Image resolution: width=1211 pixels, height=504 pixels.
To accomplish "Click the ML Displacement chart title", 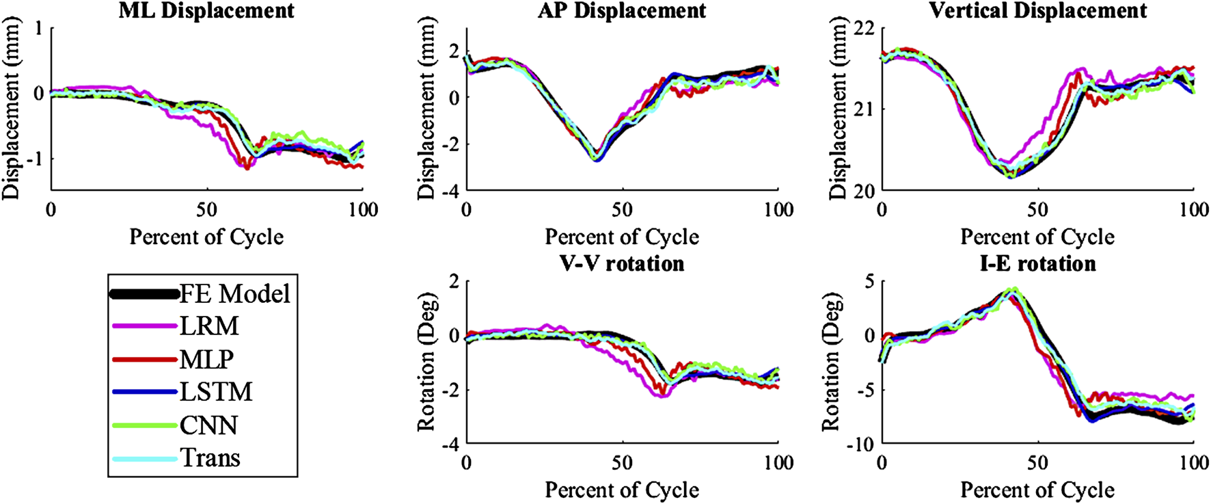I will click(206, 11).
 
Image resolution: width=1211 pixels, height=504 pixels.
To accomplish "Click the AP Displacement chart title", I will click(621, 11).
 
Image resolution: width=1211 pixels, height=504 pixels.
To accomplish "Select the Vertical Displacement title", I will click(1037, 11).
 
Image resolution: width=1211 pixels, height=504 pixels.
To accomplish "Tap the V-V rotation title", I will click(621, 263).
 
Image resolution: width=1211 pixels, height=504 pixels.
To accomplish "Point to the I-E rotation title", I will click(1037, 263).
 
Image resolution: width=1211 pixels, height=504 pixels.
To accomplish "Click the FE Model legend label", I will click(234, 294).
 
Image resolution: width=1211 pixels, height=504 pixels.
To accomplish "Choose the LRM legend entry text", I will click(209, 326).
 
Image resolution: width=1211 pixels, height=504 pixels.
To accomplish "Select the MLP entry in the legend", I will click(206, 359).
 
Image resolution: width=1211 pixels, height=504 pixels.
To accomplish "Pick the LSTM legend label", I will click(216, 392).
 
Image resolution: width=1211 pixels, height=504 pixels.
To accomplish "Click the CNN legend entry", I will click(208, 425).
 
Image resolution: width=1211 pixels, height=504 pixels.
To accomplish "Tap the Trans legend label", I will click(210, 457).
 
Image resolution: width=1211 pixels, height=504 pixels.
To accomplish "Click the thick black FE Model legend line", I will click(144, 295).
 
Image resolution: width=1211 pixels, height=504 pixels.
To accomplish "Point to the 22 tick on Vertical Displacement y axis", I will click(865, 29).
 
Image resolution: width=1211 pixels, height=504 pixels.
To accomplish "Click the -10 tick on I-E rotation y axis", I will click(860, 444).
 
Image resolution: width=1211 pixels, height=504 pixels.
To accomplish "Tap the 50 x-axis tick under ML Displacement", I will click(206, 209).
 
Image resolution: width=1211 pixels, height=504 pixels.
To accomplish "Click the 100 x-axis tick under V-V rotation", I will click(778, 463).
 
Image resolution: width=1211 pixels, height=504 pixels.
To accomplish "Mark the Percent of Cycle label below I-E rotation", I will click(1037, 490).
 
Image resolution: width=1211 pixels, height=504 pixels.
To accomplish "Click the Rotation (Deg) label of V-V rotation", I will click(426, 362).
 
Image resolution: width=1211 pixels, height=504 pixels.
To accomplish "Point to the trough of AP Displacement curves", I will click(596, 158).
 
